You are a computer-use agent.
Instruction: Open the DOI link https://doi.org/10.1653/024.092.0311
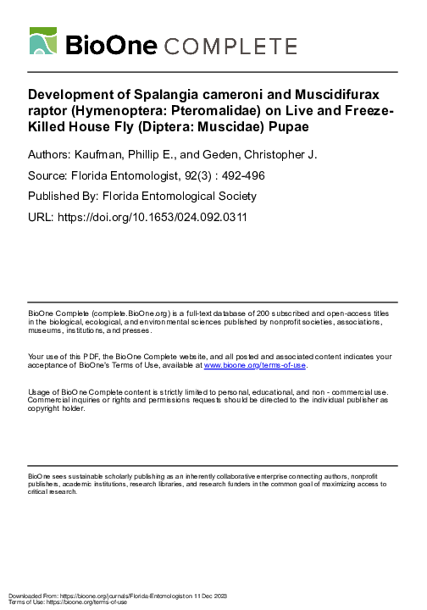point(152,217)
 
